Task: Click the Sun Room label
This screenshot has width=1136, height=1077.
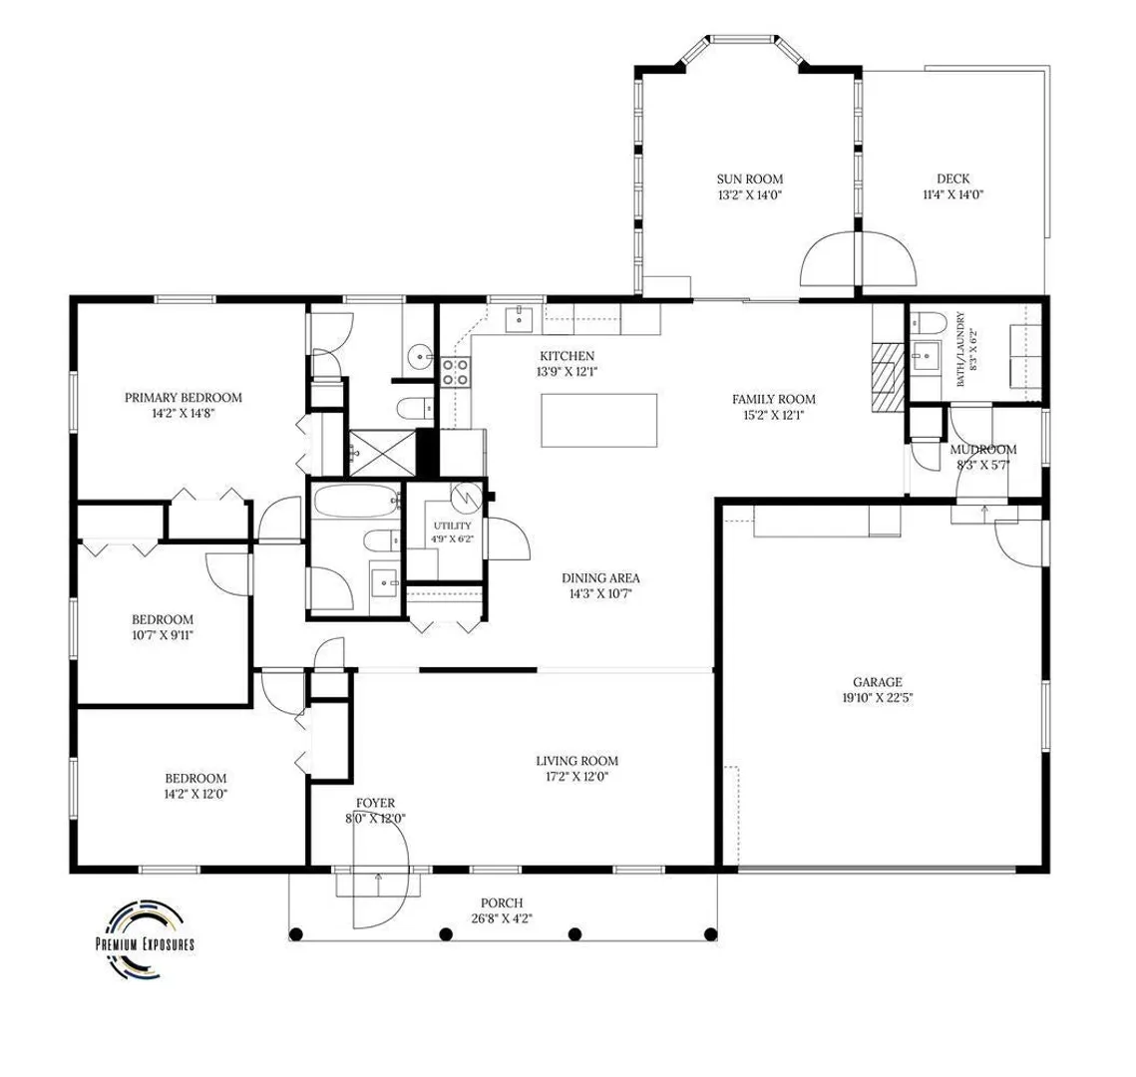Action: pyautogui.click(x=750, y=179)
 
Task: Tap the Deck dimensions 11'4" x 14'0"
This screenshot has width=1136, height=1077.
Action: pyautogui.click(x=952, y=194)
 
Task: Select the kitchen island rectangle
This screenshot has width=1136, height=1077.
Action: pyautogui.click(x=599, y=420)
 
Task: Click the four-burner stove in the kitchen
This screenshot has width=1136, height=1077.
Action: pyautogui.click(x=456, y=372)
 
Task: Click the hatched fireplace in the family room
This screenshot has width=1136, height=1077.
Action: pyautogui.click(x=889, y=377)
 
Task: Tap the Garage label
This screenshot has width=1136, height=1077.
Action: pyautogui.click(x=878, y=682)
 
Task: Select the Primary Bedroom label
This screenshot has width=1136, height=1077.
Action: pyautogui.click(x=184, y=398)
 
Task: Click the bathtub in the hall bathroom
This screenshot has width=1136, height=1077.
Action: pyautogui.click(x=356, y=501)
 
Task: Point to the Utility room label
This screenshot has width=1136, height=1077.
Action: pyautogui.click(x=452, y=526)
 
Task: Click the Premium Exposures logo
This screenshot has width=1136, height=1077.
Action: pyautogui.click(x=145, y=939)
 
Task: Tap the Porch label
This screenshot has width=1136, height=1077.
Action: pyautogui.click(x=502, y=903)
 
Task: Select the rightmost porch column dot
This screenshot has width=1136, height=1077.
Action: pyautogui.click(x=711, y=934)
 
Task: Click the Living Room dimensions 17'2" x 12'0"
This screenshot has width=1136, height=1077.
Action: pyautogui.click(x=577, y=777)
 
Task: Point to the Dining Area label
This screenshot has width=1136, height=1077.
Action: pyautogui.click(x=600, y=578)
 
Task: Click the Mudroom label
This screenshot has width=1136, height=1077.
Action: pyautogui.click(x=983, y=450)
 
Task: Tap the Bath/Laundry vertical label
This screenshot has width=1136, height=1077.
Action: pyautogui.click(x=960, y=349)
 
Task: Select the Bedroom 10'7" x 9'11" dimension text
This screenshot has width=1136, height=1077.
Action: pyautogui.click(x=163, y=636)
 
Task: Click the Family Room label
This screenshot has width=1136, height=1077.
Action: pyautogui.click(x=773, y=399)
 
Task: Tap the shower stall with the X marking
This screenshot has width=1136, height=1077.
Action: pyautogui.click(x=383, y=454)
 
